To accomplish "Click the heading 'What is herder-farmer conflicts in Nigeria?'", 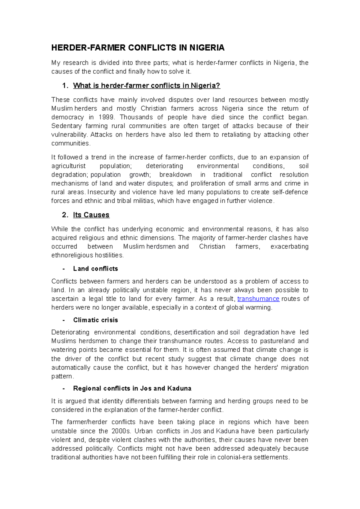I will (146, 86).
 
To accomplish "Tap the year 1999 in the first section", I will (108, 117).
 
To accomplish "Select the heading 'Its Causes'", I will (91, 215).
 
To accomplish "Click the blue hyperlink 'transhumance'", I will (258, 299).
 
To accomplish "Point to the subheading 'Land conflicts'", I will (95, 269).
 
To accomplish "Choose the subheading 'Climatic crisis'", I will (95, 320).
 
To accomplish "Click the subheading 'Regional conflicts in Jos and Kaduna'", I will (132, 388).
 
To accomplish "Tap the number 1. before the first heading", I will (65, 86).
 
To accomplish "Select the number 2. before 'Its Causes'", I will (65, 215).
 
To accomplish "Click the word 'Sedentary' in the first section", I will (66, 126).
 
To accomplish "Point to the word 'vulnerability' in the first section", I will (69, 135).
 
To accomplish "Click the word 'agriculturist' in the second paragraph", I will (68, 166).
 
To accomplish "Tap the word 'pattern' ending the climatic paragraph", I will (61, 377).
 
